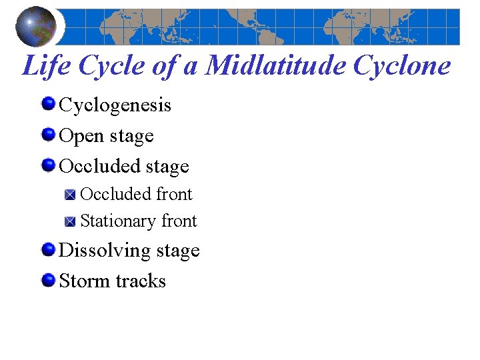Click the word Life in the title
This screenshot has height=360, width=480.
(x=45, y=66)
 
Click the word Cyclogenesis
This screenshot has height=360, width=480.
(x=115, y=105)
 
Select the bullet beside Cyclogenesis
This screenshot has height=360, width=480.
(x=48, y=104)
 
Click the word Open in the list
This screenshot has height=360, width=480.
(x=80, y=136)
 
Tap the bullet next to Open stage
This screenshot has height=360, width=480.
(x=48, y=135)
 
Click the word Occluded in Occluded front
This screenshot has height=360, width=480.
(x=115, y=194)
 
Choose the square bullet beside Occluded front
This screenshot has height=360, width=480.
(x=71, y=195)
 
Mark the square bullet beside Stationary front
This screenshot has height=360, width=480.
(x=71, y=221)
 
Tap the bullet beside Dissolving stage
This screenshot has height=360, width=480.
(x=48, y=249)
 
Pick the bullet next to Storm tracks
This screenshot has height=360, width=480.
(x=48, y=279)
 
